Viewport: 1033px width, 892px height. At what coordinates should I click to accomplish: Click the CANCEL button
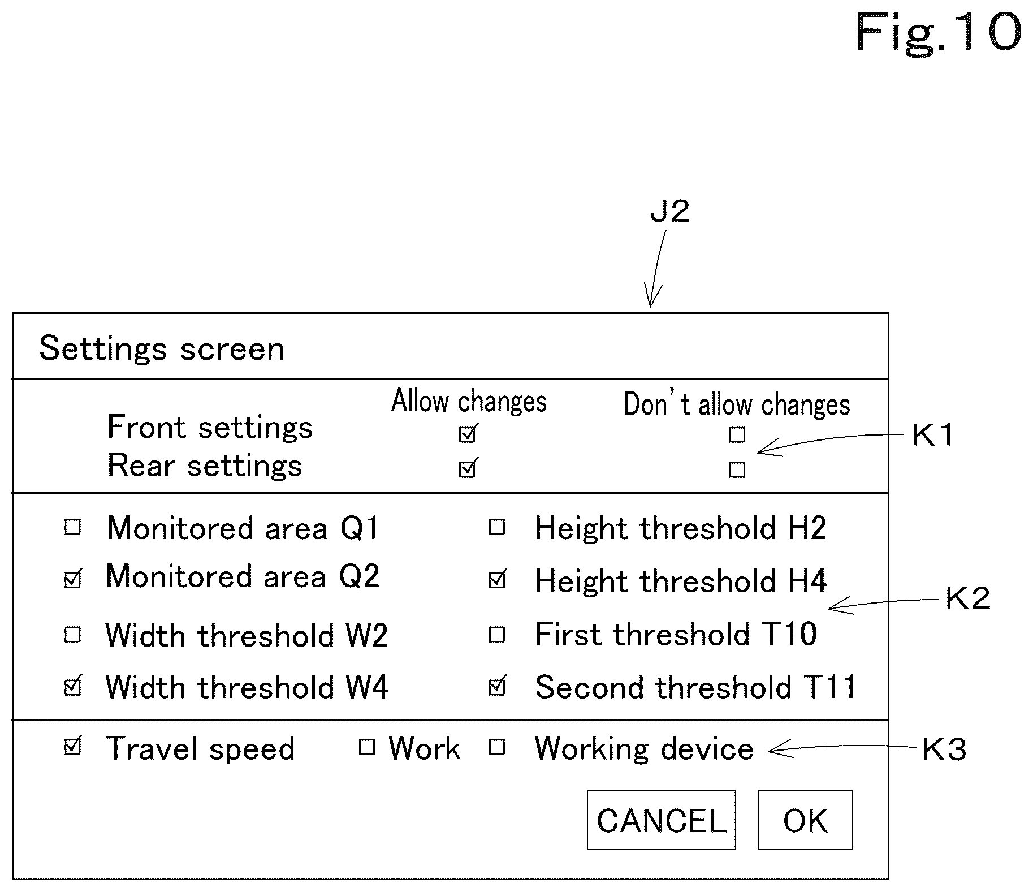tap(661, 820)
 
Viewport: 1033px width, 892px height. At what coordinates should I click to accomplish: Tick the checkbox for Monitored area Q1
tap(73, 528)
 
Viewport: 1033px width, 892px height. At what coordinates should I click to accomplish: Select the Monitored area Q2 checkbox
tap(73, 579)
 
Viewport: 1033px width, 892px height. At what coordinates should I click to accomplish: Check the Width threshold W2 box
tap(73, 635)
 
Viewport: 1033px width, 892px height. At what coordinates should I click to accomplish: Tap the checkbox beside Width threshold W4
tap(73, 686)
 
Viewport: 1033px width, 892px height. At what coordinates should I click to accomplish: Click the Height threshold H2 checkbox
tap(497, 528)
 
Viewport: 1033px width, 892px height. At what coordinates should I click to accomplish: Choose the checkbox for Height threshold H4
tap(498, 579)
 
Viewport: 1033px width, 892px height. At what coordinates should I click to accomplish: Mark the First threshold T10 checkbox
tap(497, 635)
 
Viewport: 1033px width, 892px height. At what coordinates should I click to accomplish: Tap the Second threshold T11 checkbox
tap(498, 686)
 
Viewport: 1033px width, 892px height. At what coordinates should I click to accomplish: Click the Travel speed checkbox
tap(73, 747)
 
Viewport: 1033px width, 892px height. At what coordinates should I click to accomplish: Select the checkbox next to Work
tap(367, 748)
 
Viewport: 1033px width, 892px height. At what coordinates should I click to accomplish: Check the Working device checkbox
tap(497, 748)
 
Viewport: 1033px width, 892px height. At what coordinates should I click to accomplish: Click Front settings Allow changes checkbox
tap(468, 433)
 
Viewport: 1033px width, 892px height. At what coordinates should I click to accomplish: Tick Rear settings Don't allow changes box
tap(737, 470)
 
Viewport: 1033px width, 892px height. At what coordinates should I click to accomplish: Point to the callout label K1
tap(933, 436)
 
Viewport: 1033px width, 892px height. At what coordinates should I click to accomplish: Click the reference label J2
tap(670, 212)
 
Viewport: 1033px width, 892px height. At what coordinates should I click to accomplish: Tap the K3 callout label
tap(944, 750)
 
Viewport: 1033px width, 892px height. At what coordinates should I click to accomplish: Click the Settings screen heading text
tap(162, 348)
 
